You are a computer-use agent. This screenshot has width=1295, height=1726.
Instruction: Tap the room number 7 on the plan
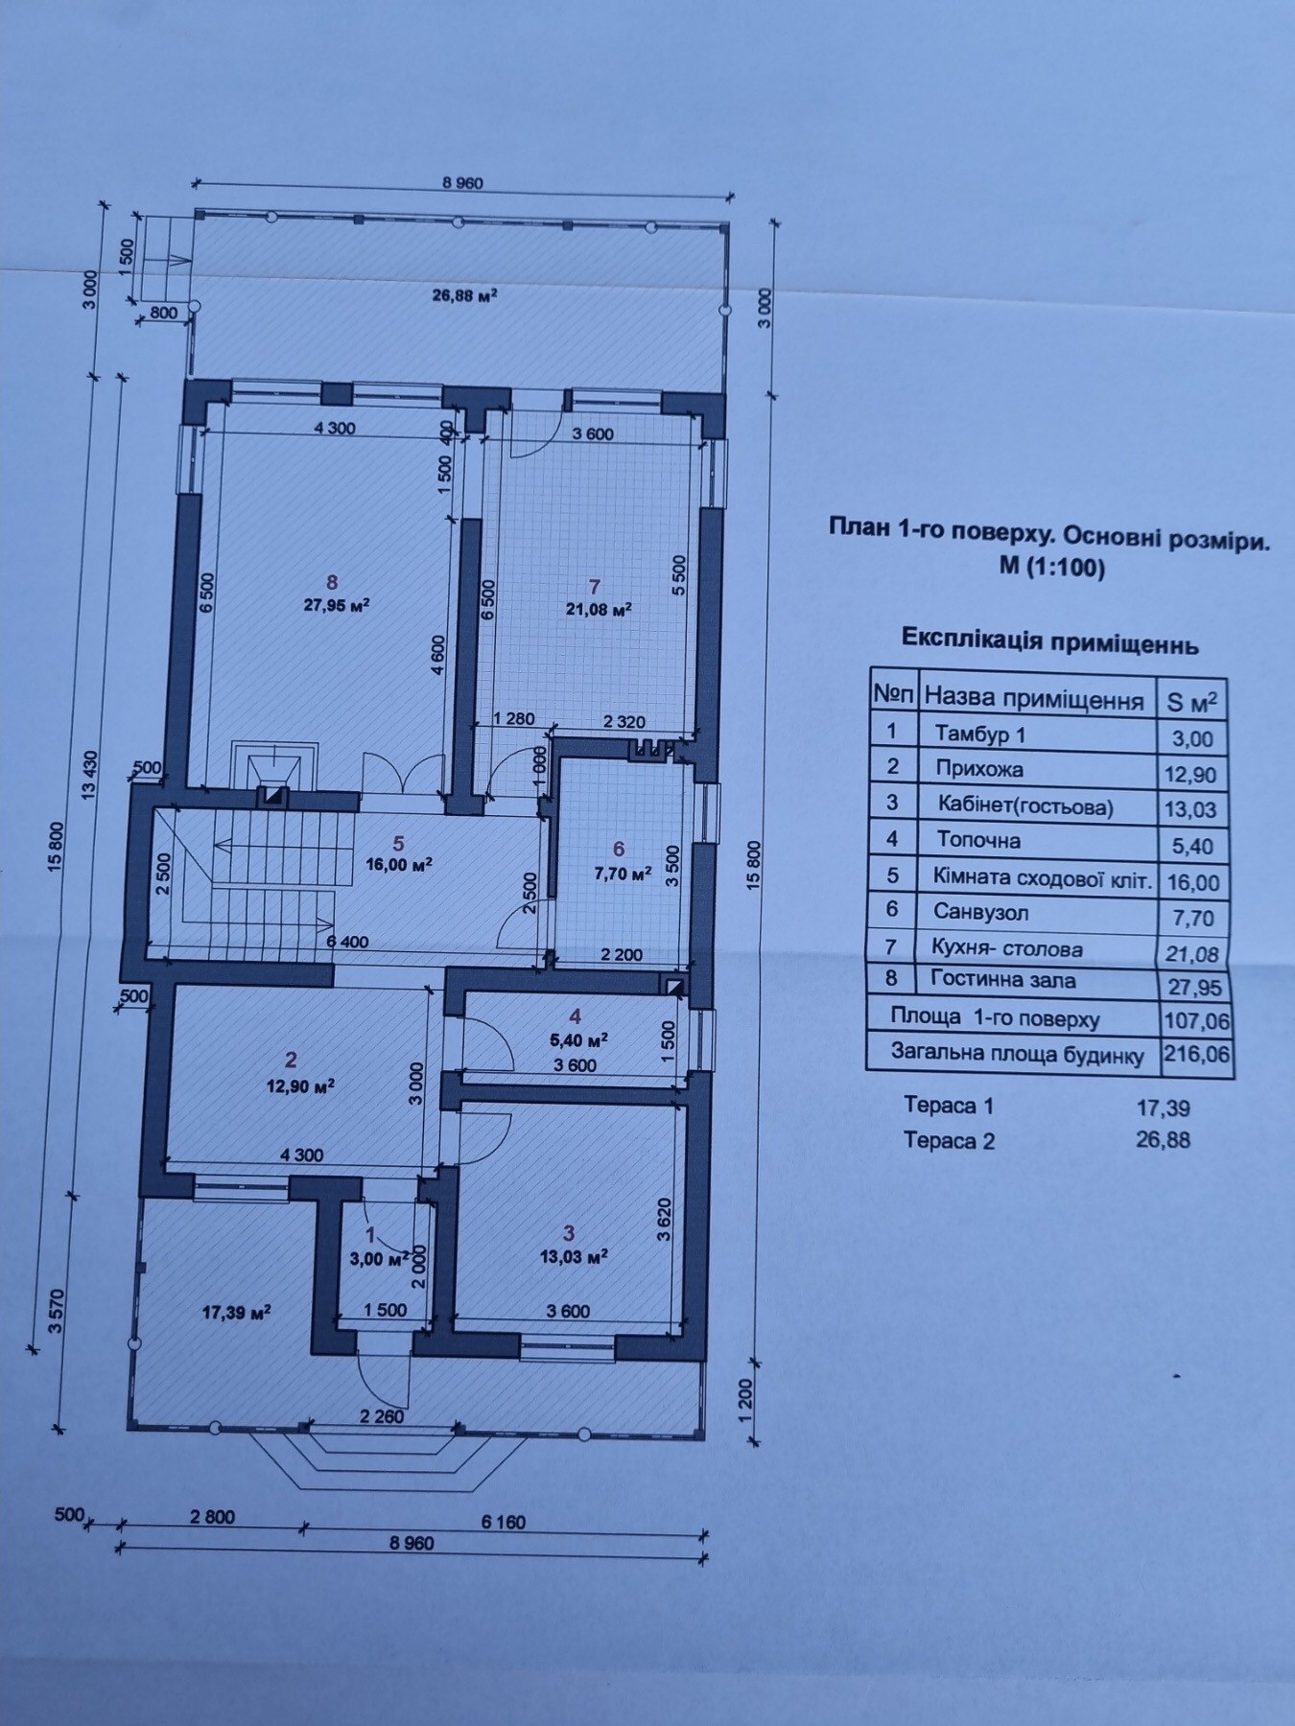tap(595, 585)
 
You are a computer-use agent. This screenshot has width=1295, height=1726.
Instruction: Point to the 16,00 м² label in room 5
tap(399, 863)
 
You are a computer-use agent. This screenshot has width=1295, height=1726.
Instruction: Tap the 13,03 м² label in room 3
tap(574, 1257)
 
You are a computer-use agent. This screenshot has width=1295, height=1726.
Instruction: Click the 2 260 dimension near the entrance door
tap(382, 1415)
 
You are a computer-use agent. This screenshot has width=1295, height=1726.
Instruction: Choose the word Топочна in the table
tap(978, 840)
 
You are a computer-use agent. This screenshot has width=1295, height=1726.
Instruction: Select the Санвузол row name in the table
tap(981, 912)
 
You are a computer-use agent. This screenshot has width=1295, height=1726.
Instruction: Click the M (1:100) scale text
tap(1052, 569)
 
